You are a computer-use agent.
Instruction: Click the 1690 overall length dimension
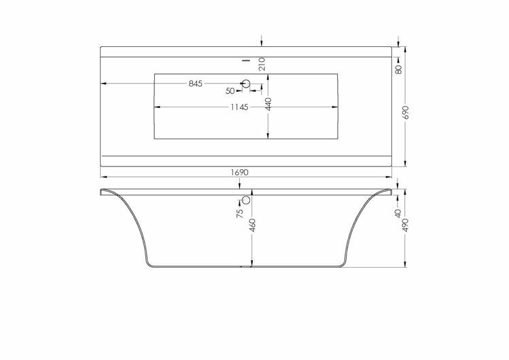pos(240,173)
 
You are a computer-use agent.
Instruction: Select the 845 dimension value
pos(196,84)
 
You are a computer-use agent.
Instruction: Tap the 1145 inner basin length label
pos(240,107)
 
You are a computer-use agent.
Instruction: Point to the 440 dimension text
pos(268,104)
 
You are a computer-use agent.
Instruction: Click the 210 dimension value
pos(262,64)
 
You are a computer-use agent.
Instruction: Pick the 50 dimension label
pos(230,91)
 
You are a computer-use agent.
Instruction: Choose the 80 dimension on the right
pos(399,69)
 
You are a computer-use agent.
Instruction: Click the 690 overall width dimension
pos(406,112)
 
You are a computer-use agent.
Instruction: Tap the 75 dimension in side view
pos(240,213)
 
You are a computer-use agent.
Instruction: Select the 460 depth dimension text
pos(253,226)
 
